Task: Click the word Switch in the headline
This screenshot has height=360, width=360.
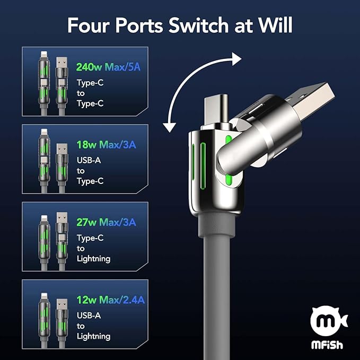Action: pos(198,25)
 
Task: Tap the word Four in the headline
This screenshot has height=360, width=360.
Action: pos(88,25)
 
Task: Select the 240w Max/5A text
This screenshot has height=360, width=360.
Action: pos(108,67)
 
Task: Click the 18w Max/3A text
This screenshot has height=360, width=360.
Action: pos(106,145)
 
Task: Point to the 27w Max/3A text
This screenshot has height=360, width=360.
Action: pos(106,222)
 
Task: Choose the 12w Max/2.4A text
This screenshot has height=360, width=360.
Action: pos(111,300)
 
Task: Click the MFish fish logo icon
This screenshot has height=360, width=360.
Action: pos(329,321)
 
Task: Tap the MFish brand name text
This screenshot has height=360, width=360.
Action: pos(327,345)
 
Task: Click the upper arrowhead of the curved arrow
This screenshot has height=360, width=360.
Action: pos(236,59)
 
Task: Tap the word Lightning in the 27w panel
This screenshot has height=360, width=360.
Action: pos(93,259)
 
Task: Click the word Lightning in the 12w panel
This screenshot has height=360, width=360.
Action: pos(93,337)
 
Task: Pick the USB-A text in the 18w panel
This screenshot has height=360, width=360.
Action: pos(89,160)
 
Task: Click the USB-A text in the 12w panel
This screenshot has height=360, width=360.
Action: pos(89,315)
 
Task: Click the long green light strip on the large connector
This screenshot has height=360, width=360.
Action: pos(203,166)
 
